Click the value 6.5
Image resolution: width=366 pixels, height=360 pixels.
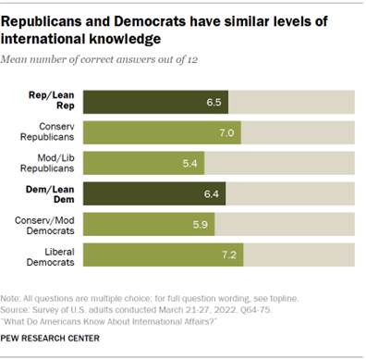(x=215, y=102)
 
